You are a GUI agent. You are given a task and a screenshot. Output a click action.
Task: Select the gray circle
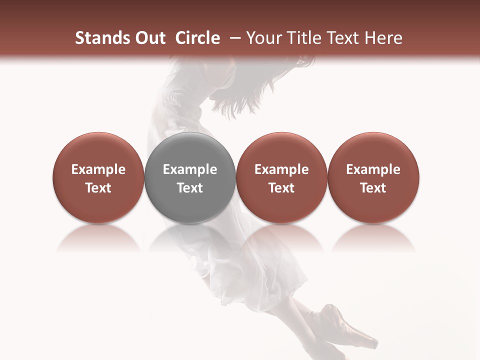tap(190, 150)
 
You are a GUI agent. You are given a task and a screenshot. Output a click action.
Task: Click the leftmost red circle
tap(98, 150)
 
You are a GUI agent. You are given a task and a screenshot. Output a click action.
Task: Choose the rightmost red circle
tap(373, 150)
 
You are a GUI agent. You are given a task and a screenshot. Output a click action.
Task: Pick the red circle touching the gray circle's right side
tap(281, 150)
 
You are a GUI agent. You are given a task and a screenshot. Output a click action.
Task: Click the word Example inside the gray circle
tap(190, 170)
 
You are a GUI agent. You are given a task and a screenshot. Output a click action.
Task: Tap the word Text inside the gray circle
tap(190, 188)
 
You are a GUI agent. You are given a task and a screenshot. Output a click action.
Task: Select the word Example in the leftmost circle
tap(98, 170)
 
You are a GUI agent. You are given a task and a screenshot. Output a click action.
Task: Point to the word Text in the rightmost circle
tap(373, 188)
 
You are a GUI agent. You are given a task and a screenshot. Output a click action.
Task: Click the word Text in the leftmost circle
tap(98, 188)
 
